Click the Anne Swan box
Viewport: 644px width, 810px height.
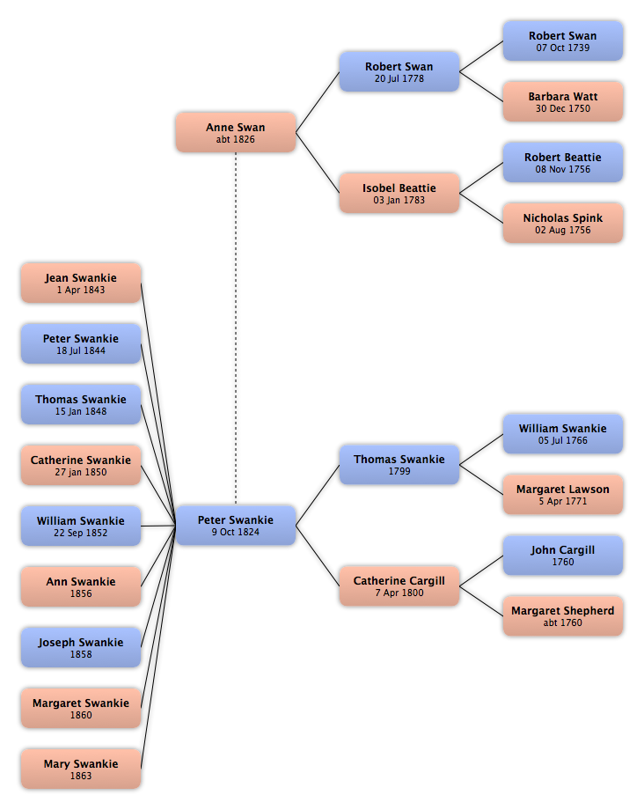(x=235, y=132)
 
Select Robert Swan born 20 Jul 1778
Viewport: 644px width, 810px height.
(x=399, y=71)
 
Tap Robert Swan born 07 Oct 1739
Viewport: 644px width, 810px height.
(x=562, y=40)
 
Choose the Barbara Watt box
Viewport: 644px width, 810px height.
(x=562, y=102)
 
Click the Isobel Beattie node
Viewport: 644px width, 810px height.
(x=399, y=193)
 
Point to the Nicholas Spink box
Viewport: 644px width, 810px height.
(x=562, y=223)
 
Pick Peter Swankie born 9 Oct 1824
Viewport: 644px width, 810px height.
(x=235, y=526)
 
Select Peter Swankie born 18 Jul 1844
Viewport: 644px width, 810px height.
(x=81, y=343)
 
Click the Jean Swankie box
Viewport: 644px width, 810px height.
(x=81, y=283)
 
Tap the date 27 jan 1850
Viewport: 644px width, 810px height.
(x=81, y=472)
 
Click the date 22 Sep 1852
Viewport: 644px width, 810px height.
(x=81, y=533)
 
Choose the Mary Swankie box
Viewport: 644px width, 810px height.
(x=81, y=769)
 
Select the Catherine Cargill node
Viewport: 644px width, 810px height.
(x=399, y=585)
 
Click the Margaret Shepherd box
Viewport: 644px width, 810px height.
(x=562, y=616)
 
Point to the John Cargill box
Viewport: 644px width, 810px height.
(x=562, y=556)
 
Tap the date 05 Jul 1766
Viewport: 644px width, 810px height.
(x=562, y=440)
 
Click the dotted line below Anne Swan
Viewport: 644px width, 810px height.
(x=236, y=328)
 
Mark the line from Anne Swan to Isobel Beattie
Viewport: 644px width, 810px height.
(x=318, y=163)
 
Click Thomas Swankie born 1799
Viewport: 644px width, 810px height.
(x=399, y=464)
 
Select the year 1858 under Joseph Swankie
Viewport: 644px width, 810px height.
(x=81, y=654)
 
